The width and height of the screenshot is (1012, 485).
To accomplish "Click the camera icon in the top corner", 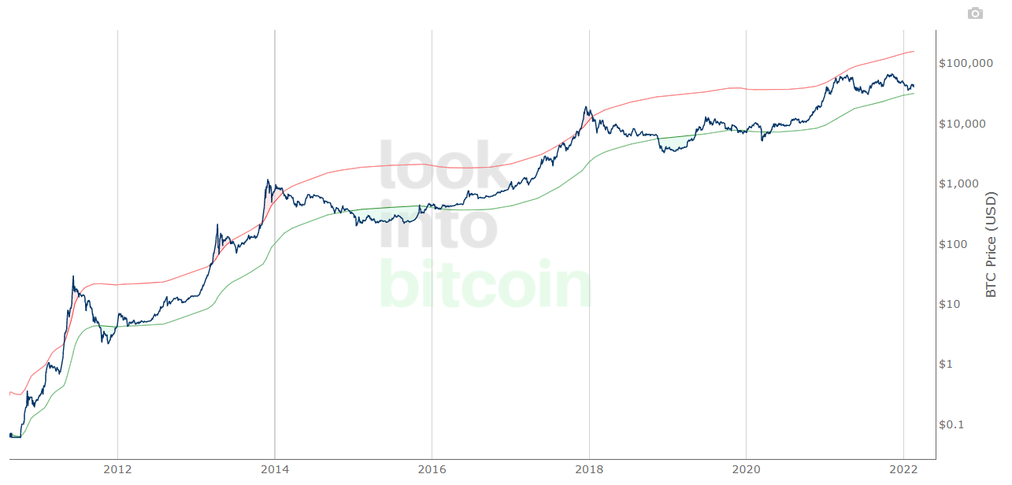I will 975,13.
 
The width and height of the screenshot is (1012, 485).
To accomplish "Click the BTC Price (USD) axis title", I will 992,244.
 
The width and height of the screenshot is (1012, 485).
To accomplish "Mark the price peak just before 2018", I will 586,107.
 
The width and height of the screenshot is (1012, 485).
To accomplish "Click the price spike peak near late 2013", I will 268,180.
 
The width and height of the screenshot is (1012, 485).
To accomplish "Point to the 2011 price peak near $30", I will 73,276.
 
